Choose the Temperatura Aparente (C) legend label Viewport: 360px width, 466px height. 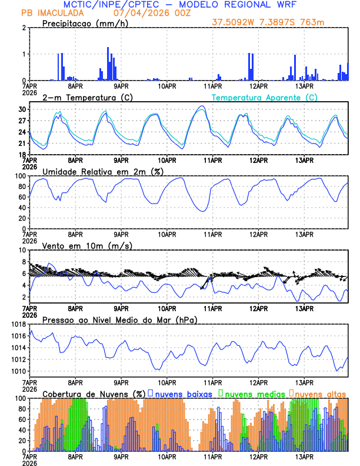265,97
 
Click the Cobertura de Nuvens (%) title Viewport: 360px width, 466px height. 94,393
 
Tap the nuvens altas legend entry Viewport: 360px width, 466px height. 320,393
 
